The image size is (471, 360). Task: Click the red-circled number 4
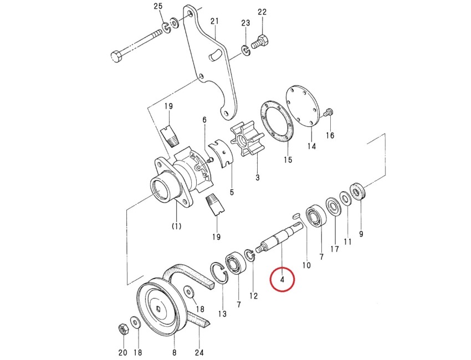coord(283,280)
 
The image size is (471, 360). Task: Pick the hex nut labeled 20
coord(122,329)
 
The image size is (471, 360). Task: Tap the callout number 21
coord(214,21)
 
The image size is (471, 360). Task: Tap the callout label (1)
coord(176,226)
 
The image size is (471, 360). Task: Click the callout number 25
coord(158,7)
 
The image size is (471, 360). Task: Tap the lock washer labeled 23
coord(245,51)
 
